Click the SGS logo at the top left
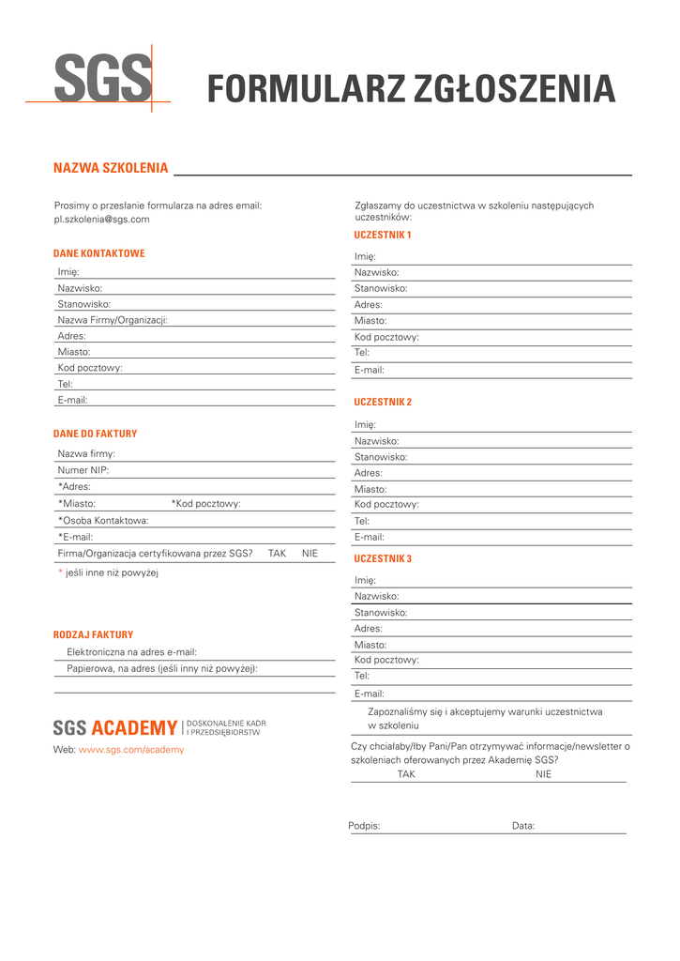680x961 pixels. point(101,79)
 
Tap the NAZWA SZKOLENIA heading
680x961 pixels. point(111,168)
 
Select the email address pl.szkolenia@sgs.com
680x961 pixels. point(101,219)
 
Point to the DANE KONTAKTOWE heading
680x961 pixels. point(98,253)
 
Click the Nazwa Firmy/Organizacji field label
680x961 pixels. point(113,320)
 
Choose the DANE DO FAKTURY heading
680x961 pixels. point(95,434)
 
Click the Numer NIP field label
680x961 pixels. point(83,470)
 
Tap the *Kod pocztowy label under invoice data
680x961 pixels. point(205,504)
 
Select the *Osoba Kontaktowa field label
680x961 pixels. point(103,520)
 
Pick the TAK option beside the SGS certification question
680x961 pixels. point(277,554)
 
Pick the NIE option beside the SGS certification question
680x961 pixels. point(310,554)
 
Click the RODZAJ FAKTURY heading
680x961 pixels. point(93,634)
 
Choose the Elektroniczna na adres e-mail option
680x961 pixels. point(131,651)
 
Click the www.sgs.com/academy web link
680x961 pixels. point(131,750)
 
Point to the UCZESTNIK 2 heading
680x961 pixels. point(383,402)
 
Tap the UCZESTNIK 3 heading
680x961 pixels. point(383,558)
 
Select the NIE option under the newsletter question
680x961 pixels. point(544,774)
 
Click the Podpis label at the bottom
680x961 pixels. point(364,826)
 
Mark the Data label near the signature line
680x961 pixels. point(523,826)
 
